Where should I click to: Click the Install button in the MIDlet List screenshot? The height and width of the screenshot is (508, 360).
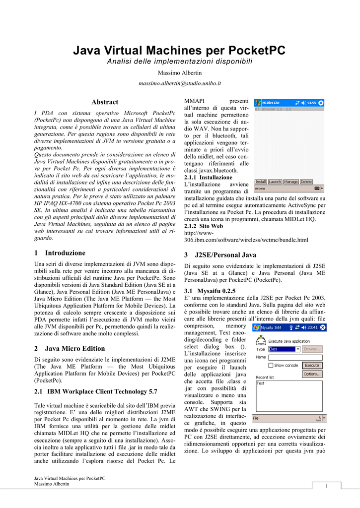pyautogui.click(x=261, y=182)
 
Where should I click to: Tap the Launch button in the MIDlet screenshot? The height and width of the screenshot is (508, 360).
pyautogui.click(x=275, y=182)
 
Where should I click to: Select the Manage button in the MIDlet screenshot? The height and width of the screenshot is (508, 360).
pyautogui.click(x=290, y=182)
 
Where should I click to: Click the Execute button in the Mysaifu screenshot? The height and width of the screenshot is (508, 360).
pyautogui.click(x=312, y=365)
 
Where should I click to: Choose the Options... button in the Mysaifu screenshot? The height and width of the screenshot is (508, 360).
pyautogui.click(x=312, y=374)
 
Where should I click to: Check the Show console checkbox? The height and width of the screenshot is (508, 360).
pyautogui.click(x=271, y=365)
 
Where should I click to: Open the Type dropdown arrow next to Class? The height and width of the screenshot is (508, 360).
pyautogui.click(x=297, y=349)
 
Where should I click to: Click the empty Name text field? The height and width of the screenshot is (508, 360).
pyautogui.click(x=295, y=357)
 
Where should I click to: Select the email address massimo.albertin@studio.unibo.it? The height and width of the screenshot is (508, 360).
pyautogui.click(x=179, y=84)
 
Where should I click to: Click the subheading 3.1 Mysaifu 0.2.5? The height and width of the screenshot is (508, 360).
pyautogui.click(x=210, y=291)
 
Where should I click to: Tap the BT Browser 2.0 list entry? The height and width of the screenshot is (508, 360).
pyautogui.click(x=273, y=109)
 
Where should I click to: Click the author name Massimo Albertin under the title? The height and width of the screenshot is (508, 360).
pyautogui.click(x=179, y=73)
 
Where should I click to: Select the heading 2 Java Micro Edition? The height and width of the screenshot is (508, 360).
pyautogui.click(x=70, y=348)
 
